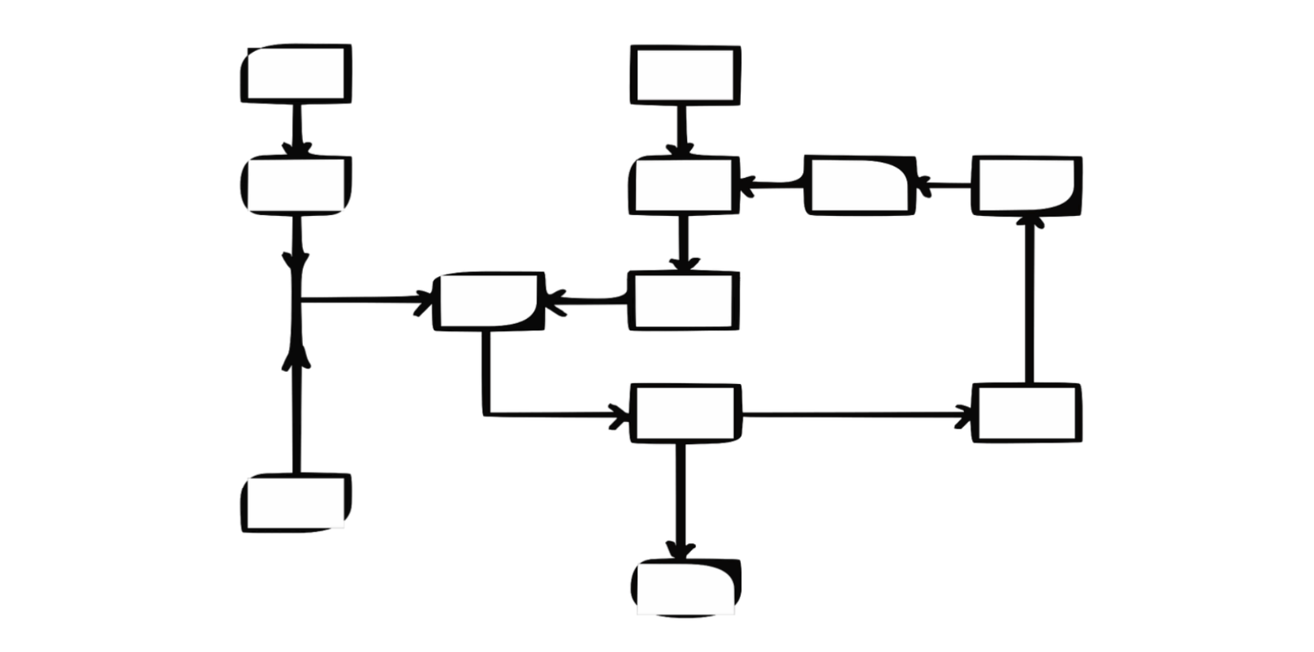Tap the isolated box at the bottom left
point(296,503)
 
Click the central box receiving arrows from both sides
point(489,301)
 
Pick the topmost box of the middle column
point(685,76)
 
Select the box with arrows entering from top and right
point(685,186)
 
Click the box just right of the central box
point(684,301)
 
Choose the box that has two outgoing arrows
point(685,413)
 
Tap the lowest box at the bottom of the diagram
point(686,586)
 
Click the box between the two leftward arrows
point(860,186)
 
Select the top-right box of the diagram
point(1027,186)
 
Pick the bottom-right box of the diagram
point(1027,413)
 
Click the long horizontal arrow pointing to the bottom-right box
point(857,415)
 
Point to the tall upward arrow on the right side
point(1030,300)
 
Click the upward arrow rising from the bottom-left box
point(296,414)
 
